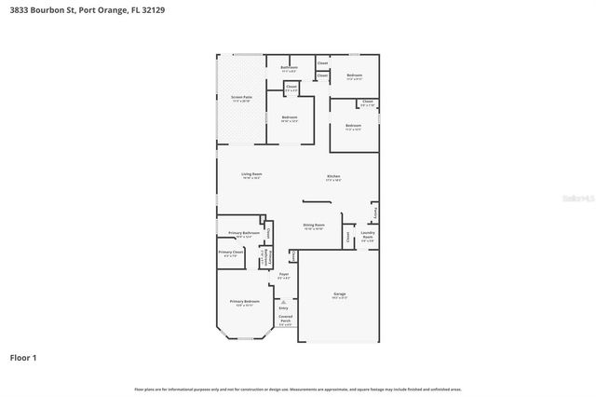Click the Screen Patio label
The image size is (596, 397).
(240, 97)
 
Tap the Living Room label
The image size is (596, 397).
(251, 174)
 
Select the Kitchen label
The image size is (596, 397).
(332, 176)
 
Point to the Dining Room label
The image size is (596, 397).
(314, 225)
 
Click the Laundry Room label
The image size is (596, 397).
(368, 234)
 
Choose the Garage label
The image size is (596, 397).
(339, 294)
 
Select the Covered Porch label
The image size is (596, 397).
(285, 319)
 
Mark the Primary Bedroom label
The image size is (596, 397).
(242, 301)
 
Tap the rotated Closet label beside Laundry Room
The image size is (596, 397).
(348, 237)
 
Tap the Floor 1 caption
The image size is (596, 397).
(23, 357)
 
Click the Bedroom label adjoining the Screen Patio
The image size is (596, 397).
(290, 117)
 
